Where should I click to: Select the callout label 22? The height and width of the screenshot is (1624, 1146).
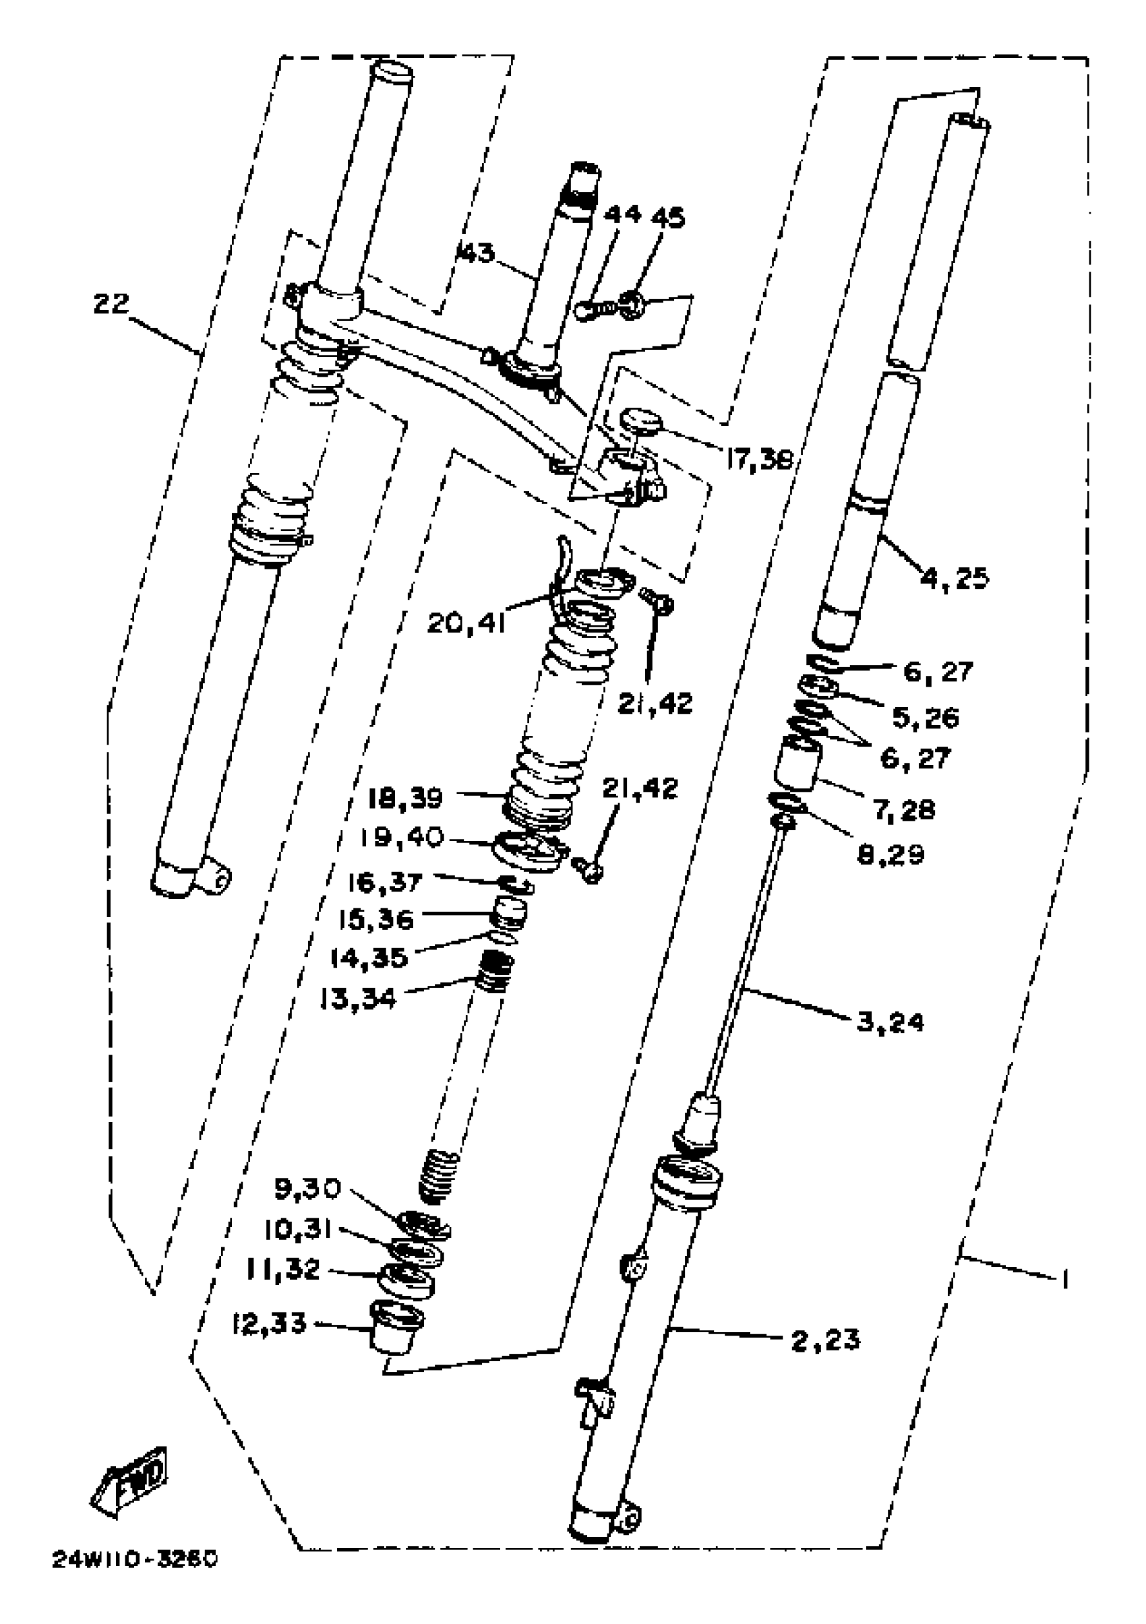pyautogui.click(x=112, y=304)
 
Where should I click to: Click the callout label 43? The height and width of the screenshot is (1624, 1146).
pyautogui.click(x=476, y=253)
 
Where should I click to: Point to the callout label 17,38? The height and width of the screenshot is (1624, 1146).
pyautogui.click(x=758, y=460)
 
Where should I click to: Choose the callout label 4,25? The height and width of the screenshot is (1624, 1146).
pyautogui.click(x=955, y=579)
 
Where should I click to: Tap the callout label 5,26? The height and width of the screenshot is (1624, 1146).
pyautogui.click(x=926, y=718)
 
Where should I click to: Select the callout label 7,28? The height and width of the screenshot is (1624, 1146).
pyautogui.click(x=904, y=809)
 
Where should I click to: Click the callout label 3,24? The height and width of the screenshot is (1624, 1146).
pyautogui.click(x=890, y=1022)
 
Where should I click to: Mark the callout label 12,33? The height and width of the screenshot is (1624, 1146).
pyautogui.click(x=270, y=1323)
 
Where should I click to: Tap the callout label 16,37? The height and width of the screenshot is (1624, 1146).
pyautogui.click(x=385, y=882)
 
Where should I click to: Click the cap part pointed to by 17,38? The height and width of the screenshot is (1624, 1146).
pyautogui.click(x=640, y=423)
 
